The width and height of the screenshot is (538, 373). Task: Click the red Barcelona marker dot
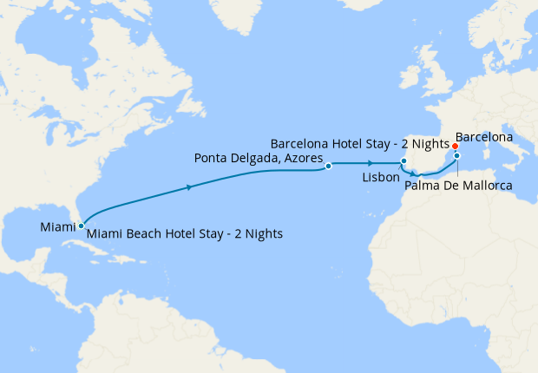pos(456,147)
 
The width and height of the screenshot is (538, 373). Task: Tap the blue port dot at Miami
pos(81,226)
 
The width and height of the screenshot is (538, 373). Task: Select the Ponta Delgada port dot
pos(329,166)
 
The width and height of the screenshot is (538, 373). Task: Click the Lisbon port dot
pos(403,161)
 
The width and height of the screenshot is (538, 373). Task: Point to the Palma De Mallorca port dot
pos(457,157)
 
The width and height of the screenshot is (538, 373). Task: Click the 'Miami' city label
pos(57,227)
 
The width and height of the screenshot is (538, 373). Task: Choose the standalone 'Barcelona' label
pos(483,137)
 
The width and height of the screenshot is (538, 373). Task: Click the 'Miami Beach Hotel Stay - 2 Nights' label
pos(185,233)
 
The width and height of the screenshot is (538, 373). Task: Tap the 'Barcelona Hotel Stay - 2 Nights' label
pos(358,143)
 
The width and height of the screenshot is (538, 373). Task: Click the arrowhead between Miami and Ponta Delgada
pos(189,186)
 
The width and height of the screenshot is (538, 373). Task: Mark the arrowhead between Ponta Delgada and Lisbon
pos(371,163)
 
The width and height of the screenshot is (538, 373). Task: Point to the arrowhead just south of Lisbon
pos(414,174)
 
